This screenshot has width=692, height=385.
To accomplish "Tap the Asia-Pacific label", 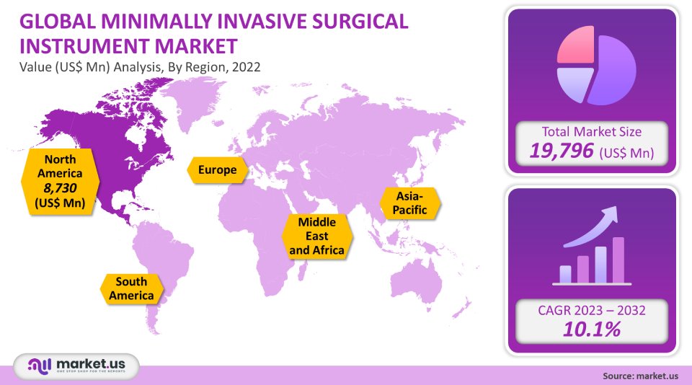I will (x=409, y=203).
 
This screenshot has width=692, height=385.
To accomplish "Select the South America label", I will (x=130, y=288).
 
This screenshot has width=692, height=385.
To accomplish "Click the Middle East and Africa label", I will (x=316, y=236).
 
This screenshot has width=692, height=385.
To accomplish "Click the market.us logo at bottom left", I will (x=76, y=366).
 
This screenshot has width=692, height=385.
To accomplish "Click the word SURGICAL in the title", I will (x=353, y=22).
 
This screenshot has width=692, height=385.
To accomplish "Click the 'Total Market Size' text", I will (x=593, y=131).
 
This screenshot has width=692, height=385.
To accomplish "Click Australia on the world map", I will (x=418, y=278).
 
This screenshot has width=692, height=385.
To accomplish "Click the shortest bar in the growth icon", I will (x=565, y=274).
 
